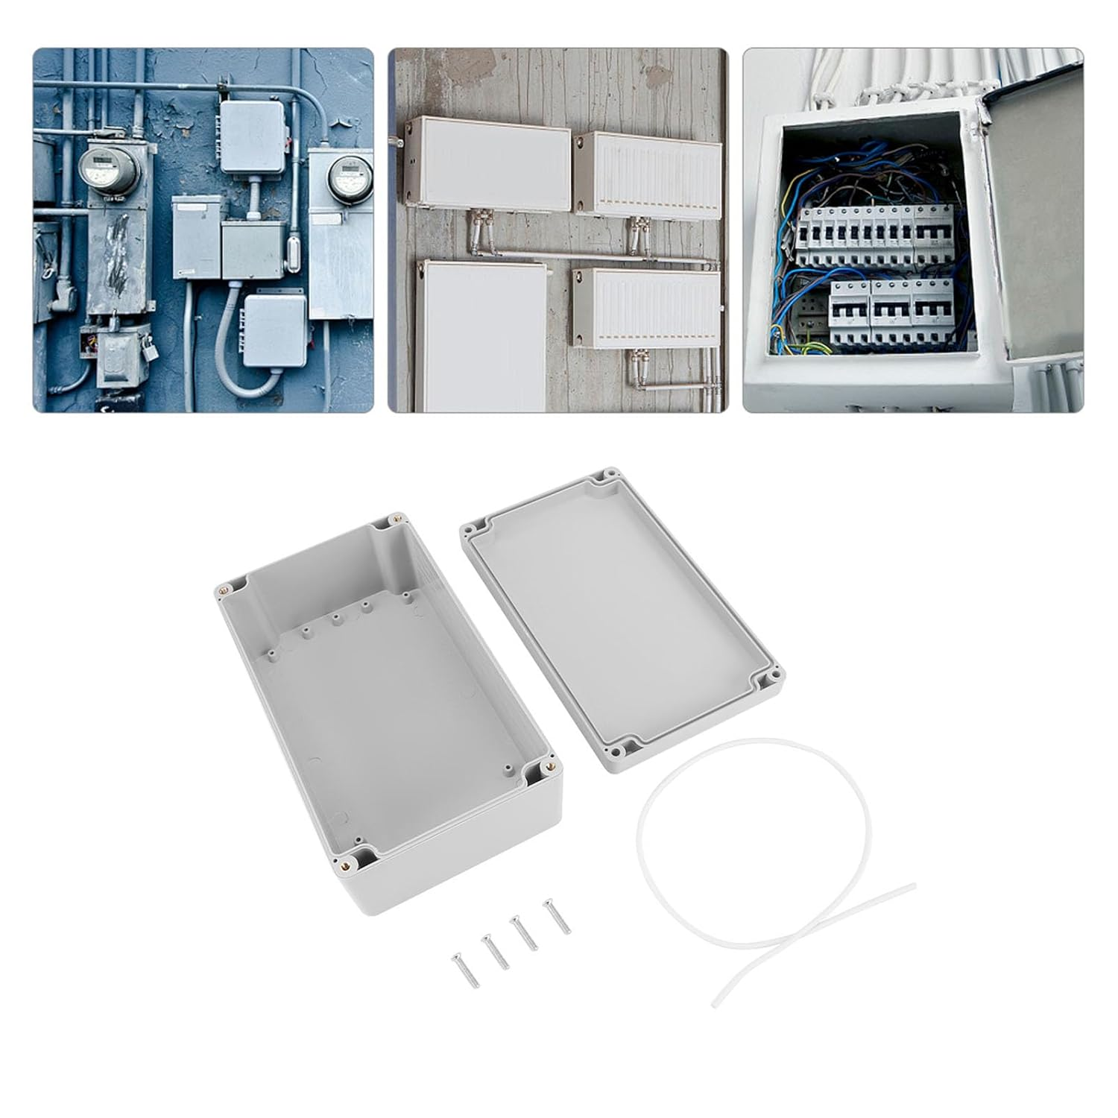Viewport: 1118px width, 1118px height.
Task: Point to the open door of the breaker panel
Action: [1035, 224]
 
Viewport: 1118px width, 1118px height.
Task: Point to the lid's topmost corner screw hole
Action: [610, 473]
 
